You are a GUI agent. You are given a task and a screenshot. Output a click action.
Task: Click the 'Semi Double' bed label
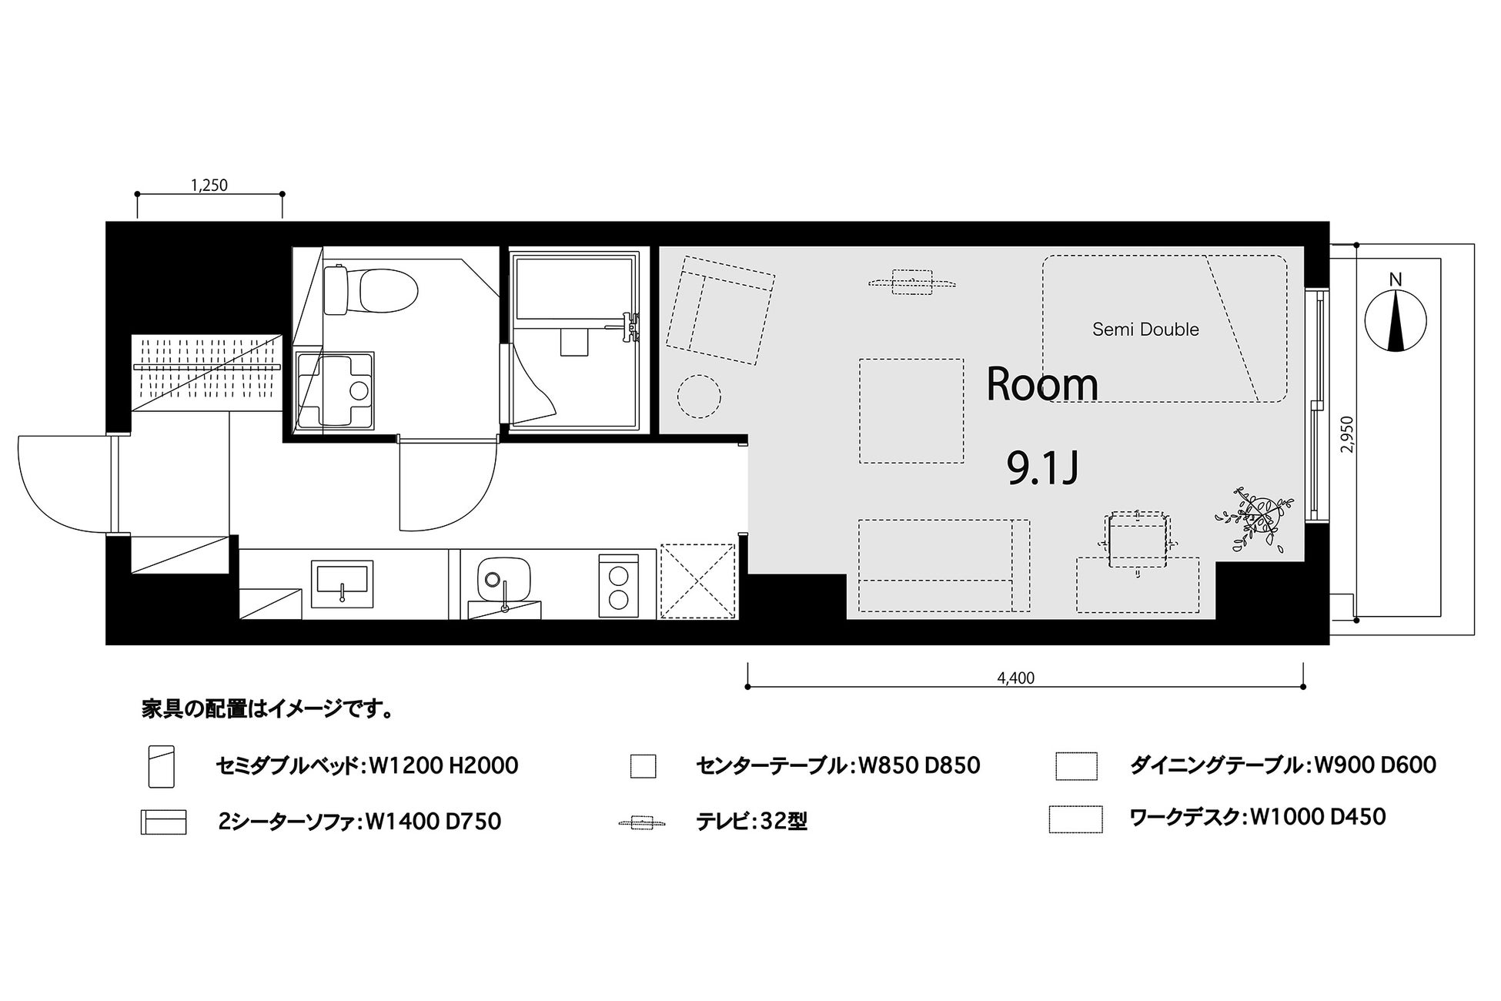point(1145,330)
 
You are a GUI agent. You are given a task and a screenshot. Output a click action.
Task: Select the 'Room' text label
point(1042,384)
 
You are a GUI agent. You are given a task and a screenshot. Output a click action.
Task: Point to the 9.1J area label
point(1042,468)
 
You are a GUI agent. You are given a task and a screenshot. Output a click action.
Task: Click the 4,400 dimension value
point(1016,678)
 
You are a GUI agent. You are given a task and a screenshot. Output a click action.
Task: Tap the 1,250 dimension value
point(209,185)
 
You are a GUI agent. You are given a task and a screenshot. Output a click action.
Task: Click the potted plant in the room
point(1250,519)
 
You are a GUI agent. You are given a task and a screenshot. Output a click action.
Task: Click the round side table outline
point(699,397)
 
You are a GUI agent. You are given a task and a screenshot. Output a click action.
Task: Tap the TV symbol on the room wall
point(913,282)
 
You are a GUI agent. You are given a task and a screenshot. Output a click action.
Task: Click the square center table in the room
point(911,411)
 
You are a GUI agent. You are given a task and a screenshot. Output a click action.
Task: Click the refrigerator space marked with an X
point(698,581)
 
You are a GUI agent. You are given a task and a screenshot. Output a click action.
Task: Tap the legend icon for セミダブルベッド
point(162,765)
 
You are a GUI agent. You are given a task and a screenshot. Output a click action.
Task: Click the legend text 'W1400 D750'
point(433,822)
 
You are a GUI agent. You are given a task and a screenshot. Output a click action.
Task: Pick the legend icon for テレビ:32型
point(643,823)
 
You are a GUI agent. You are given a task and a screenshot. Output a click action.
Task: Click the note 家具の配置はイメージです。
point(268,709)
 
